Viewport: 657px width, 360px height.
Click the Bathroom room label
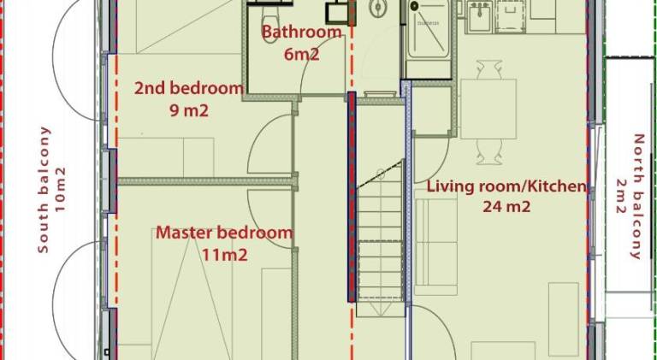(302, 32)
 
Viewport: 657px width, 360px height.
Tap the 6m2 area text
(302, 54)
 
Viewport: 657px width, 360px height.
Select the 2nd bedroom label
(188, 89)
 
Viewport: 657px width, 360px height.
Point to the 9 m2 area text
(189, 110)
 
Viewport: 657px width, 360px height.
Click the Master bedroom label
(224, 233)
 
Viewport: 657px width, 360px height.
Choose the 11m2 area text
(225, 255)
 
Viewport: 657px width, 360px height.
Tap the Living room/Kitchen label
(506, 186)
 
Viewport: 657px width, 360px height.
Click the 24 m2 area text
(506, 206)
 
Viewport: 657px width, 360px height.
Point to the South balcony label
(44, 190)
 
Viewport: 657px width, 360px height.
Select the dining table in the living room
(488, 109)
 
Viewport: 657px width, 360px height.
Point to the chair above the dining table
(488, 69)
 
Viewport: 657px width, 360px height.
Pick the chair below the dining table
(489, 151)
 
